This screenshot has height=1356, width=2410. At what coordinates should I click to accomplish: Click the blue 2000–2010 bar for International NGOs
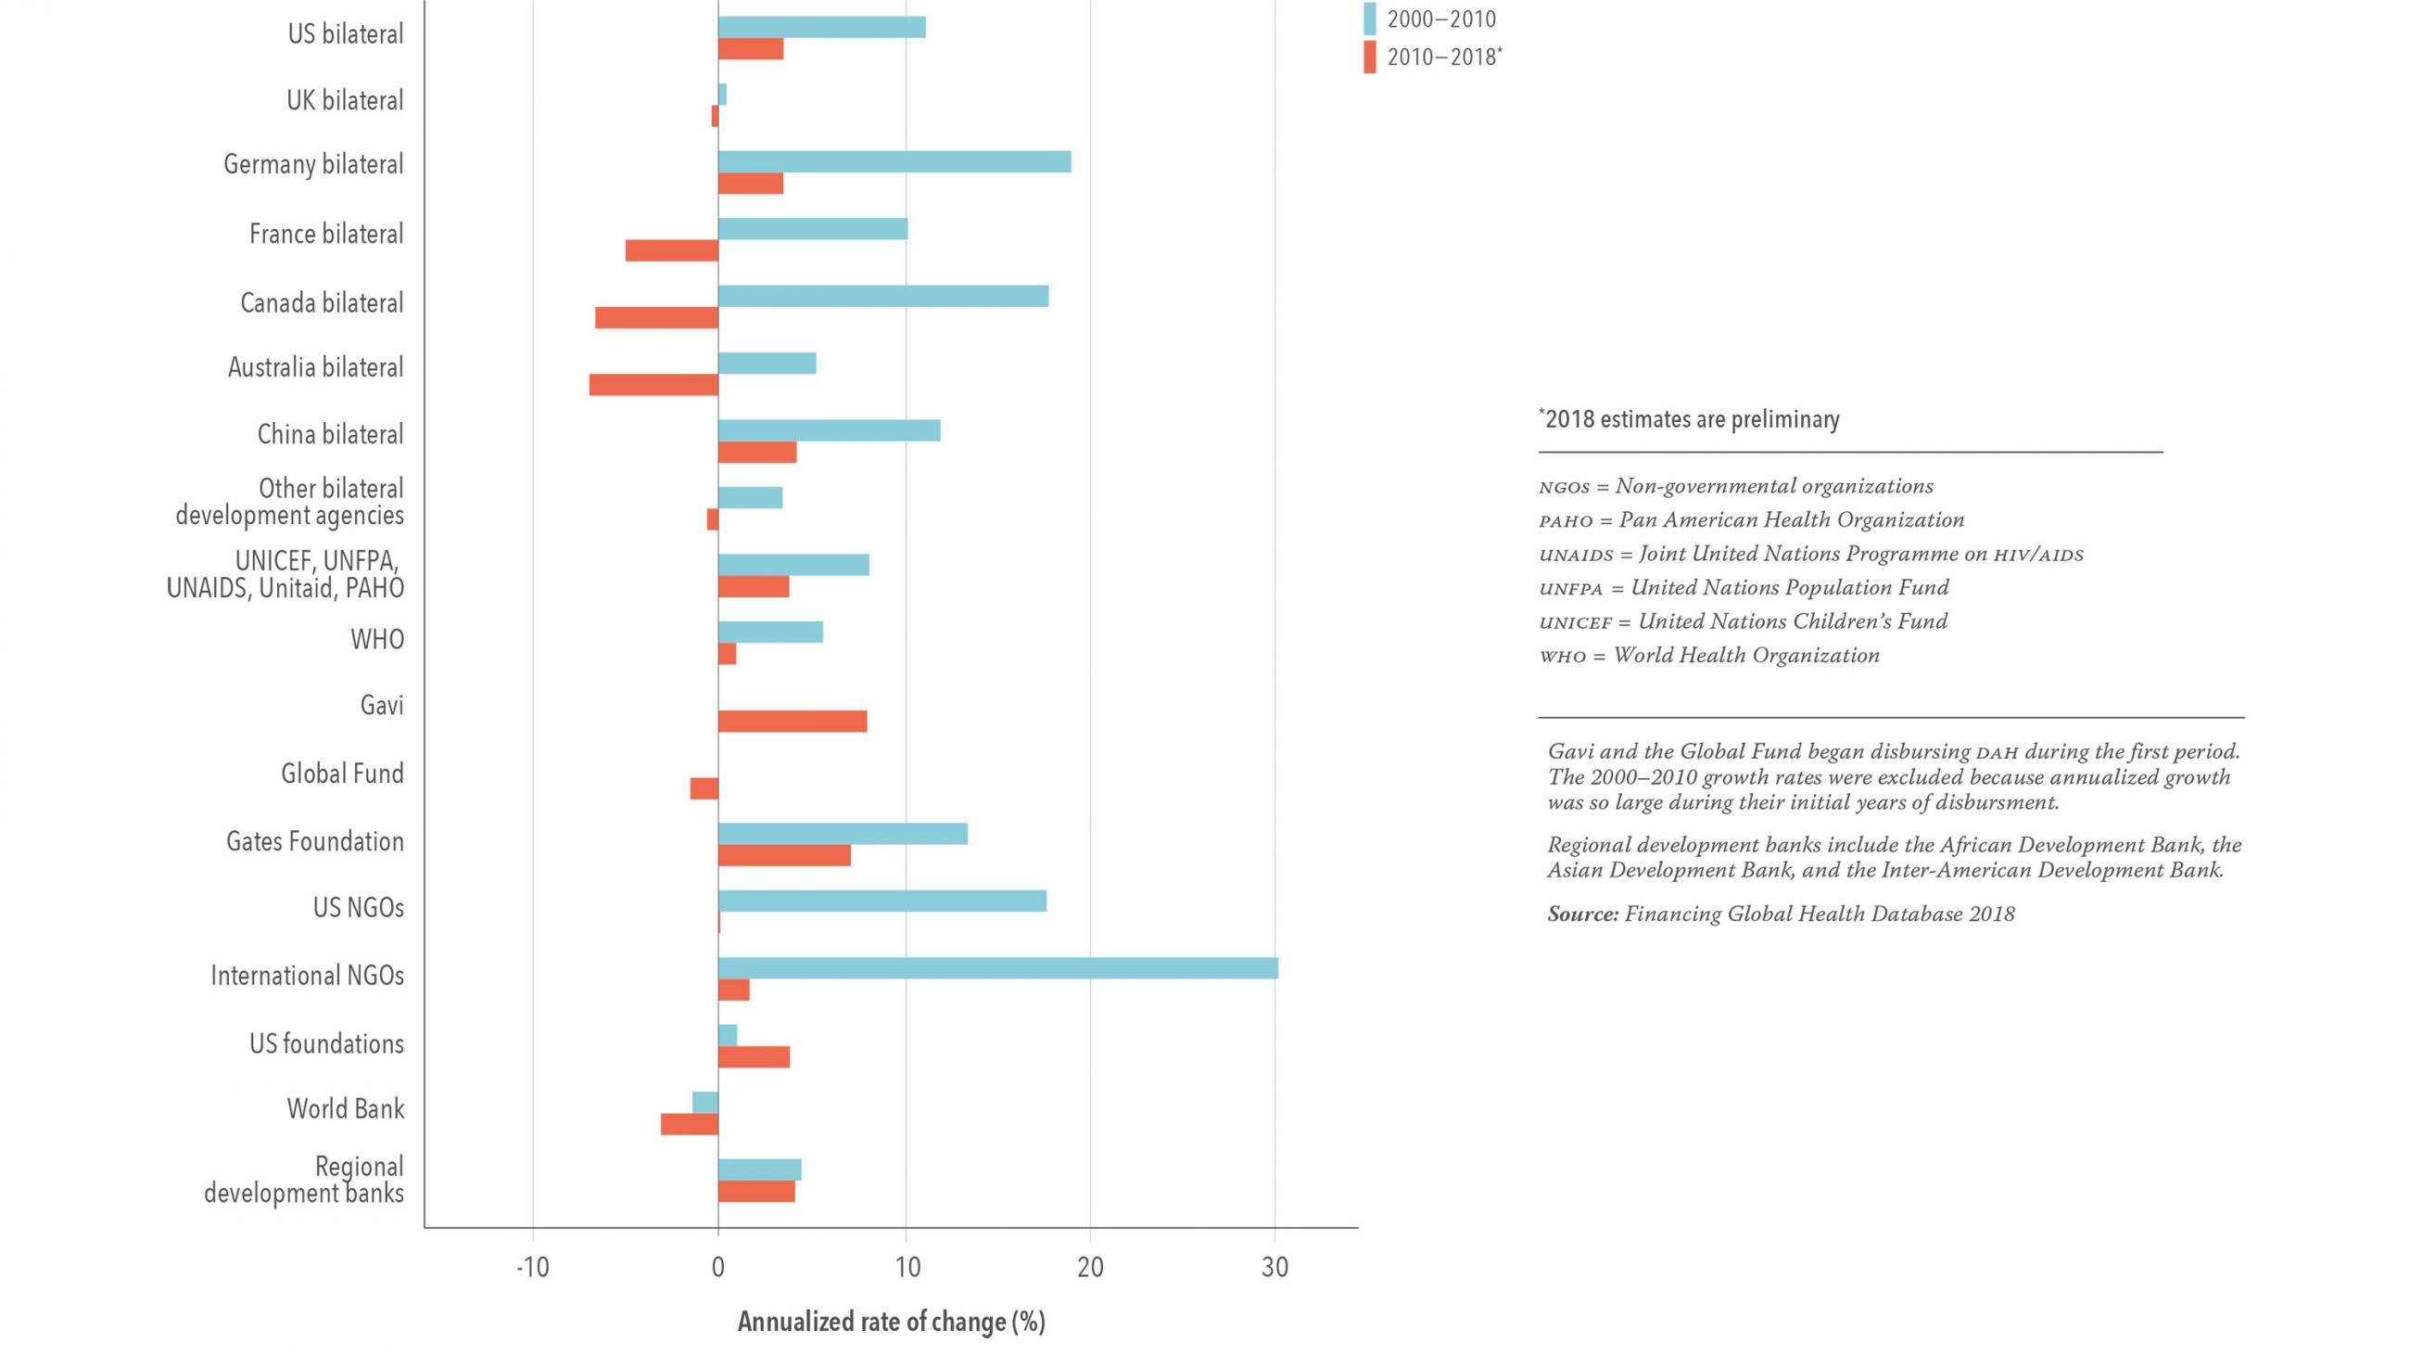point(997,968)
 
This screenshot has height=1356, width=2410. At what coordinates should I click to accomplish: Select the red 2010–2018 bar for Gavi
point(793,722)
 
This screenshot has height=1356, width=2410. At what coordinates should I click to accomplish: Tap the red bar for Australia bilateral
point(654,385)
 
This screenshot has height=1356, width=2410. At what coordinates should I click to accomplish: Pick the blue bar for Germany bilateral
point(894,162)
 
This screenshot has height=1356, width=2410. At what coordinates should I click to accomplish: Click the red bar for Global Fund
point(704,789)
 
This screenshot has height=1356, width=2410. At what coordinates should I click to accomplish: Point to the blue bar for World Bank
point(705,1103)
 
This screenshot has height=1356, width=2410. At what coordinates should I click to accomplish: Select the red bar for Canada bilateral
point(657,317)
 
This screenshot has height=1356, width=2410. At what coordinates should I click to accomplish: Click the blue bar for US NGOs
point(882,902)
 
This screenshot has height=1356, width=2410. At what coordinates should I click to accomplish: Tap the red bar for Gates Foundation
point(784,855)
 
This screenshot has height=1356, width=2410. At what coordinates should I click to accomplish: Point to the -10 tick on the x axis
point(532,1268)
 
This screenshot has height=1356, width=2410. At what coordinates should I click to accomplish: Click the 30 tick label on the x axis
point(1275,1268)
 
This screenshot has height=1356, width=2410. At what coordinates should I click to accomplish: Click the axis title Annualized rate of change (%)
point(891,1322)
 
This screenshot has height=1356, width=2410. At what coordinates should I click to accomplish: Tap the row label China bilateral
point(330,434)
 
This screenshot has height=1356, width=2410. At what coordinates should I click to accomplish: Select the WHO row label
point(377,640)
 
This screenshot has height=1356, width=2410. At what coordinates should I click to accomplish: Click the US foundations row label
point(326,1043)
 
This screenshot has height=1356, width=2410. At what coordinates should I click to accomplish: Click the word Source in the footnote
point(1582,915)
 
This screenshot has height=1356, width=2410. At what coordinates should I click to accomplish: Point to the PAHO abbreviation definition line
point(1751,520)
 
